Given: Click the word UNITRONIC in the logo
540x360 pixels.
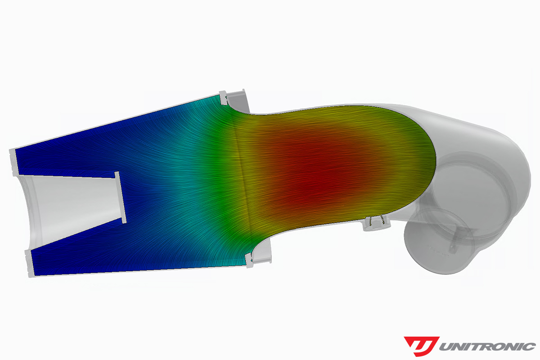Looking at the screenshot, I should pos(486,346).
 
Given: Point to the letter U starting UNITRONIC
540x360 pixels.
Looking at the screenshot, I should pos(446,346).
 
